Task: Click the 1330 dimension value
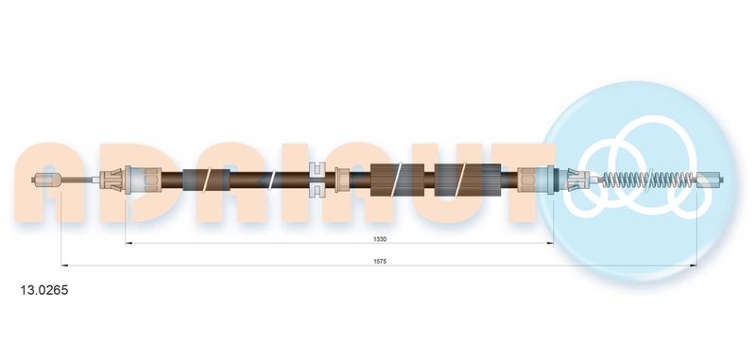380,238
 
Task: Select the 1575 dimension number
380,261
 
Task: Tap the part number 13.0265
43,290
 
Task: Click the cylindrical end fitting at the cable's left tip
46,180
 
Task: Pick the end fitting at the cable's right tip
711,180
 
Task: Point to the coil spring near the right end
647,180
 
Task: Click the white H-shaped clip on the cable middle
316,180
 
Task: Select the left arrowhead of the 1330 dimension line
129,244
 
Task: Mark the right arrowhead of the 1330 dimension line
550,244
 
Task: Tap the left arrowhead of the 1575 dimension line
64,266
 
